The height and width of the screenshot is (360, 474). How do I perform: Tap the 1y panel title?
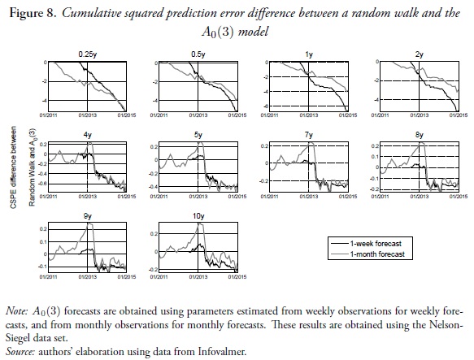pos(308,54)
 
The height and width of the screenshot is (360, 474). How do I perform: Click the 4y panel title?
pos(86,134)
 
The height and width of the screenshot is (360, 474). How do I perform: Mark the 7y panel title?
pos(308,134)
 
